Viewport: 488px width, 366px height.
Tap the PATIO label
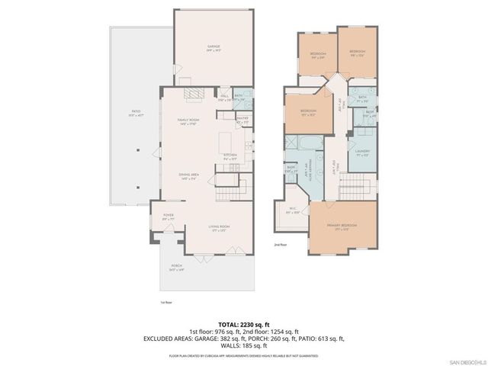[x=134, y=114]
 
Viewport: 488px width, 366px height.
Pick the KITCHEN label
[x=230, y=156]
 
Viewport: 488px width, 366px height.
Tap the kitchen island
[x=225, y=142]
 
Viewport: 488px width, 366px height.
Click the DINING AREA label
[x=189, y=175]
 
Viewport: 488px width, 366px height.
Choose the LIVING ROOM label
[x=220, y=227]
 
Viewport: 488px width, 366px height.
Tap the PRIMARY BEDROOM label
[x=343, y=227]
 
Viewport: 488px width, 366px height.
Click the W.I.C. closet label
[x=291, y=211]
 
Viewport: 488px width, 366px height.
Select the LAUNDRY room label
[x=362, y=152]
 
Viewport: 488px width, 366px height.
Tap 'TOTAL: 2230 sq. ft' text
[x=244, y=324]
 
